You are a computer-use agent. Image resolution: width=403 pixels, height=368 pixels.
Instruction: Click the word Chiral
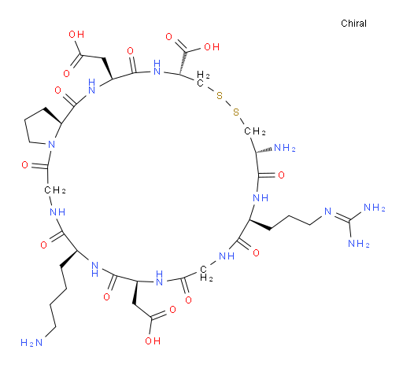(x=353, y=24)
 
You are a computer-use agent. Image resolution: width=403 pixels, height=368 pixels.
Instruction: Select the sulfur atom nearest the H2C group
(x=220, y=95)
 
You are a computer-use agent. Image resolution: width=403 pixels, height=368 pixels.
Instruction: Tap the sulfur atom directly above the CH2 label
(x=236, y=112)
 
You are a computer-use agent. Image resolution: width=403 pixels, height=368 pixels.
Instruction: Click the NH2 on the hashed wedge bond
(x=285, y=148)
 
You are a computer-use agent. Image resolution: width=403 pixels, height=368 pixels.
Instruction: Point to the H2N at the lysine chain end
(x=31, y=342)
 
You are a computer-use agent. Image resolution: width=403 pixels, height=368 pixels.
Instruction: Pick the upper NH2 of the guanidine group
(x=375, y=208)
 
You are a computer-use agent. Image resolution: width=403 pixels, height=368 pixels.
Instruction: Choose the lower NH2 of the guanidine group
(x=359, y=244)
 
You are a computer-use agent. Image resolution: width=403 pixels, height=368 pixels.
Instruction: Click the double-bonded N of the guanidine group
(x=328, y=212)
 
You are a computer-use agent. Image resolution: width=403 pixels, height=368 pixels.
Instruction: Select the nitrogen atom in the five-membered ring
(x=51, y=144)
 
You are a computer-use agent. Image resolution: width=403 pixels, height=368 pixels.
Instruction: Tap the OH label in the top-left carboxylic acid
(x=76, y=34)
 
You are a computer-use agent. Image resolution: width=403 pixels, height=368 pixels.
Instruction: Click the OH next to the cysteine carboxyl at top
(x=212, y=47)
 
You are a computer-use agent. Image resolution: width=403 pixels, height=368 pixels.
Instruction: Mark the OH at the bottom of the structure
(x=153, y=340)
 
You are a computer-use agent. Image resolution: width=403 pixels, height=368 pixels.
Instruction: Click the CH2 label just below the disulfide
(x=255, y=131)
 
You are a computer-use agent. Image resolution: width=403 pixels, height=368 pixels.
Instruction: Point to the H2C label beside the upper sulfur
(x=203, y=79)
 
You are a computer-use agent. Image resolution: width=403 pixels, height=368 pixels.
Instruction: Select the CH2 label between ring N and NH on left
(x=55, y=190)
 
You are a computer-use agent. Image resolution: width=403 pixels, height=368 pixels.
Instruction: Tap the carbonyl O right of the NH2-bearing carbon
(x=281, y=175)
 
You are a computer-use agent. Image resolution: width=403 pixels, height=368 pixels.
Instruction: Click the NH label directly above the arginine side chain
(x=261, y=197)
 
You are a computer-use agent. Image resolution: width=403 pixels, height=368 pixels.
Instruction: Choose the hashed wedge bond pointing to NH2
(x=264, y=150)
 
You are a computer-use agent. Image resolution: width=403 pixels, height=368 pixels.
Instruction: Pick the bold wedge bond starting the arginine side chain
(x=260, y=225)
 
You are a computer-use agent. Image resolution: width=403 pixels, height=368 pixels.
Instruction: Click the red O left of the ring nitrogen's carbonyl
(x=25, y=165)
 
